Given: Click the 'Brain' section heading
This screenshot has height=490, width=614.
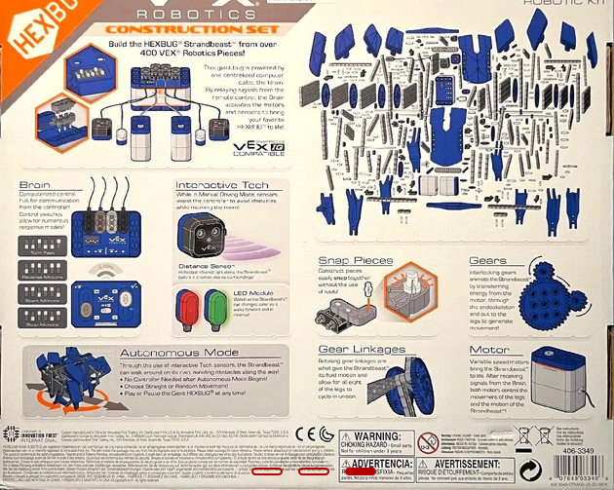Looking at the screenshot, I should tap(37, 185).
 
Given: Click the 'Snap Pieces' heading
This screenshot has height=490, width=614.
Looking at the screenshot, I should tap(356, 260).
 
